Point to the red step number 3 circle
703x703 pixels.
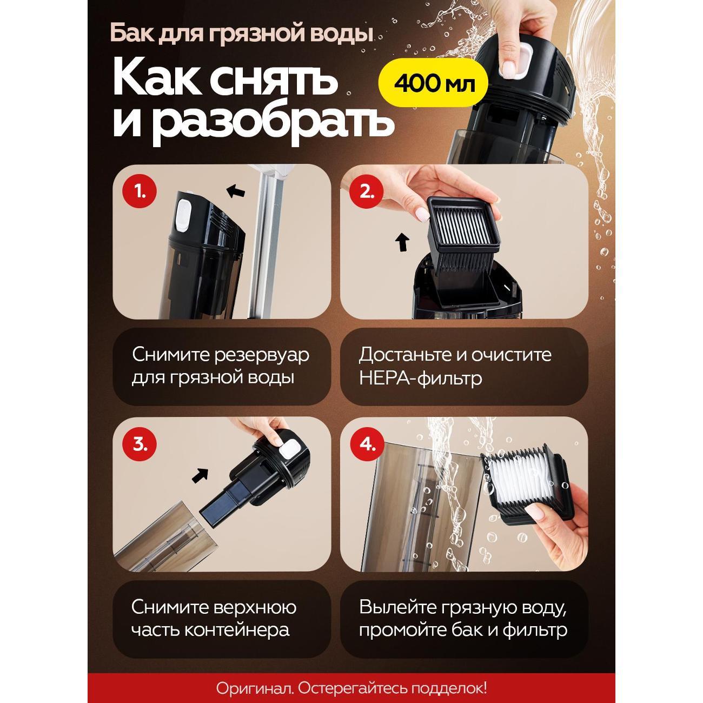140,445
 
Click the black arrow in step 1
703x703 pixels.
235,190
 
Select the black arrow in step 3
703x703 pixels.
200,475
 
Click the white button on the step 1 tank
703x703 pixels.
183,216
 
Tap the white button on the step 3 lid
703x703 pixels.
290,449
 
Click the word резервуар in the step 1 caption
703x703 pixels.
262,355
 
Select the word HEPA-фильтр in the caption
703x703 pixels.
420,378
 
